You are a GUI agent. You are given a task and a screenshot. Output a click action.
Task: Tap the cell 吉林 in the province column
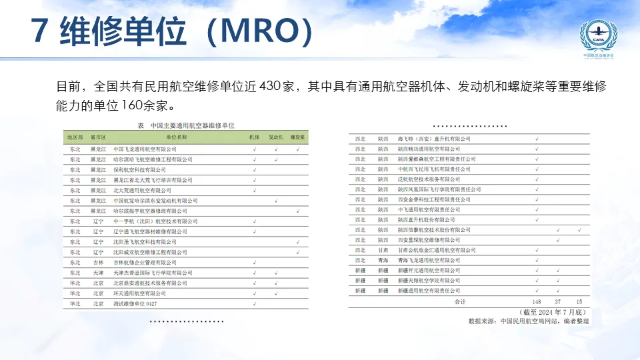pos(99,263)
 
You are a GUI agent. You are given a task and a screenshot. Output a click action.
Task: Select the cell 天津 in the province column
pos(99,273)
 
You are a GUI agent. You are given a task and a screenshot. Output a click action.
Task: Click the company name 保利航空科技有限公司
pos(139,170)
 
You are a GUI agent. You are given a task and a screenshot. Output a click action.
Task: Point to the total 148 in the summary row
pos(537,301)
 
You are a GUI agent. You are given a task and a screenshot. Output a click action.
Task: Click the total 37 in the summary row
pos(557,301)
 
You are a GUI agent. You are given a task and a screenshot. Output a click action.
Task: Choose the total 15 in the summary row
pos(579,301)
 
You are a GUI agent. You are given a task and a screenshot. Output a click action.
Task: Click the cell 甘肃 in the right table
pos(383,250)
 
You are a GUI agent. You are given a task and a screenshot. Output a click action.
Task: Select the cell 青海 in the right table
pos(383,260)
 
